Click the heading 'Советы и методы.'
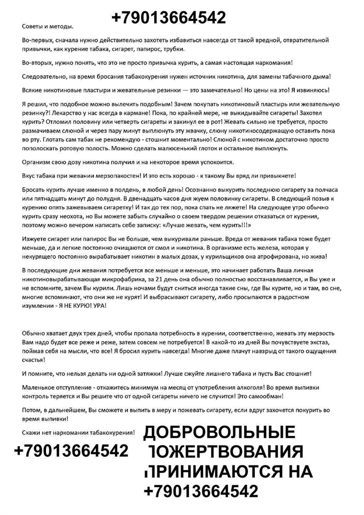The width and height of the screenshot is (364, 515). [x=47, y=27]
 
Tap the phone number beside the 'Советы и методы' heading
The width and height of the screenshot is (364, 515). [x=168, y=18]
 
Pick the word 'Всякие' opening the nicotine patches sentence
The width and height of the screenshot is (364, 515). [x=32, y=90]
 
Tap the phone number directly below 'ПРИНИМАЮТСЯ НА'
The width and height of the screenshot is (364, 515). [x=201, y=491]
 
